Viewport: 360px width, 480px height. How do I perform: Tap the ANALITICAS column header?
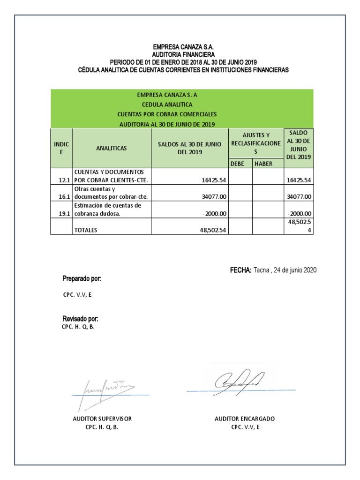tap(111, 148)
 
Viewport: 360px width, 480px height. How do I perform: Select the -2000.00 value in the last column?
tap(299, 214)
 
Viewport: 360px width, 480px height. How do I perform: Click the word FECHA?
tap(241, 270)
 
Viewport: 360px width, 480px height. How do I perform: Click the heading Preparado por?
tap(82, 279)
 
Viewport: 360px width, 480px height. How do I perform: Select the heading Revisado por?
tap(80, 319)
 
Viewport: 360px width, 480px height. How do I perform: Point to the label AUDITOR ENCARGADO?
tap(245, 419)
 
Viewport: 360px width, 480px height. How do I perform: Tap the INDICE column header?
tap(61, 148)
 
